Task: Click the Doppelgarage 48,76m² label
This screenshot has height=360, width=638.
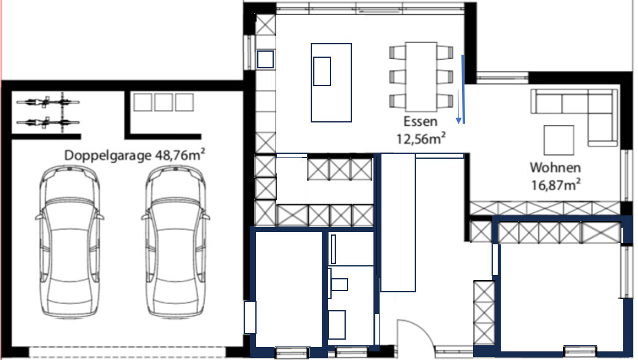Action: pyautogui.click(x=134, y=155)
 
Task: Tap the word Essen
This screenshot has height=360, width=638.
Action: pyautogui.click(x=420, y=121)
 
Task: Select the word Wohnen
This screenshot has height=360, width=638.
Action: pyautogui.click(x=555, y=167)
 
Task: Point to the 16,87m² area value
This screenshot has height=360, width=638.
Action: pyautogui.click(x=556, y=185)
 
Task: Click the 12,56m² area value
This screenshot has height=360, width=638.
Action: pyautogui.click(x=421, y=138)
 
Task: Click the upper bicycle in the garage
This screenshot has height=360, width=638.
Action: pyautogui.click(x=48, y=102)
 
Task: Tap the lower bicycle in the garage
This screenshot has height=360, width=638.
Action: pyautogui.click(x=48, y=122)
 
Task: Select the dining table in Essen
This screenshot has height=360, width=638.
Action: pyautogui.click(x=421, y=76)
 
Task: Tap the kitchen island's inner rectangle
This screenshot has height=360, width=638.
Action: pyautogui.click(x=322, y=71)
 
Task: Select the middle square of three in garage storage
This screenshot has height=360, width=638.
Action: pyautogui.click(x=163, y=102)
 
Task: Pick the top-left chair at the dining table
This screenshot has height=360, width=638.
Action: pyautogui.click(x=397, y=52)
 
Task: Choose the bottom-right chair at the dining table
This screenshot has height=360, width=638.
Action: pyautogui.click(x=445, y=101)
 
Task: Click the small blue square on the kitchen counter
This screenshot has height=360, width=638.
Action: pyautogui.click(x=265, y=60)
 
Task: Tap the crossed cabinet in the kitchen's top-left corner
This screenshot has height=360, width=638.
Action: pyautogui.click(x=265, y=25)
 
